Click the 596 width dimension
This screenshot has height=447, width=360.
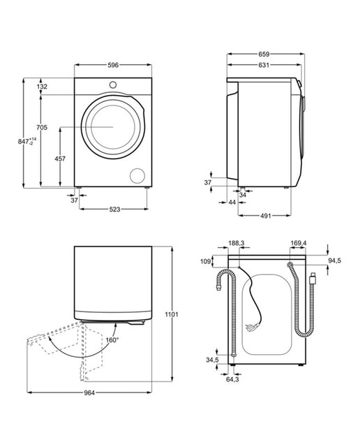click(x=113, y=65)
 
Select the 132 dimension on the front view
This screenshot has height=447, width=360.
click(x=42, y=87)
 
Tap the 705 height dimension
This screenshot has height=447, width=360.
click(x=42, y=127)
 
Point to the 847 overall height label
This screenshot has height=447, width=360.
click(x=27, y=141)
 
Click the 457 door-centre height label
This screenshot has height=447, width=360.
click(x=60, y=159)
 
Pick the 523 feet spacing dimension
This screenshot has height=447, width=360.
click(x=114, y=210)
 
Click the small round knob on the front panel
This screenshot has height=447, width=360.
click(x=113, y=85)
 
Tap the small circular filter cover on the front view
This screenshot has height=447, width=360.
click(x=137, y=175)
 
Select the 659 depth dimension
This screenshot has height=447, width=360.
click(x=264, y=54)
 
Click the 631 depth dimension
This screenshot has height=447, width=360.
click(x=264, y=65)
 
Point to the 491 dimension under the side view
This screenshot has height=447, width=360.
click(x=265, y=216)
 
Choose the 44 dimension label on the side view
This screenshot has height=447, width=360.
click(x=232, y=202)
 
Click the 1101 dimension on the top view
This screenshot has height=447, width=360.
click(x=172, y=314)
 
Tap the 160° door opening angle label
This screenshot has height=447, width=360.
click(x=112, y=340)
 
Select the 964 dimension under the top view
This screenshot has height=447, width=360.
click(x=89, y=393)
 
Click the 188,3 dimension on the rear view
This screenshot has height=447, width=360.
click(x=237, y=243)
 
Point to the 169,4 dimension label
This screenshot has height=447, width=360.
click(x=299, y=243)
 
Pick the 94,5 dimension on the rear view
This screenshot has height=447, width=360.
click(x=335, y=261)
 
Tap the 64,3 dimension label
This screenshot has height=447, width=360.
click(x=232, y=379)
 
